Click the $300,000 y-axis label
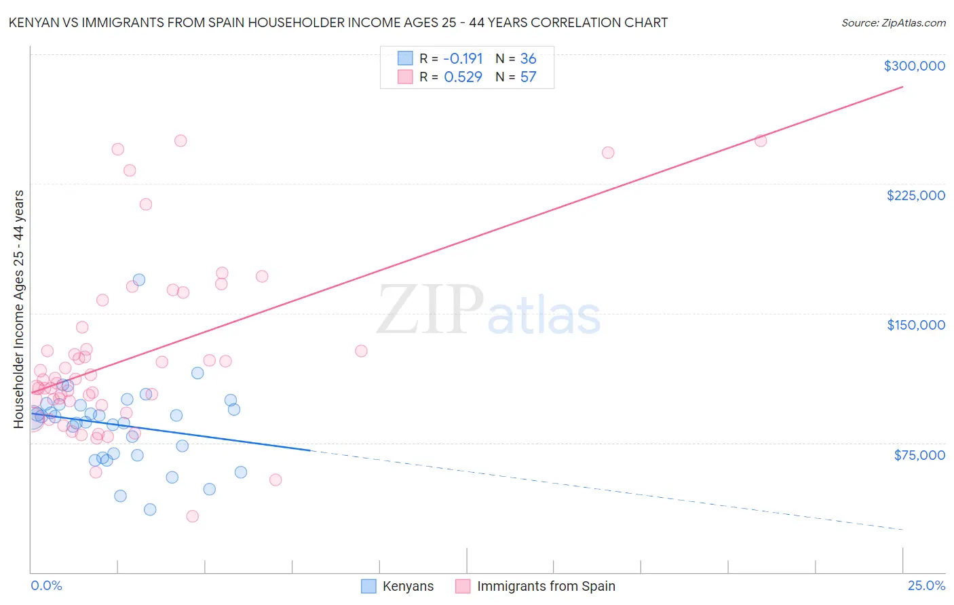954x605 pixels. coord(914,66)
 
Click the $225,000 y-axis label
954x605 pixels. coord(915,195)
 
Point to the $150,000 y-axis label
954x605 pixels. coord(915,325)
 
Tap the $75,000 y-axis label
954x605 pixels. coord(919,455)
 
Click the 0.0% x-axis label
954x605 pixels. coord(46,585)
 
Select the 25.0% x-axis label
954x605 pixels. coord(926,585)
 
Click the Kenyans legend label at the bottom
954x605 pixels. coord(408,586)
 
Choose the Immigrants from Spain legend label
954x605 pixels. coord(546,586)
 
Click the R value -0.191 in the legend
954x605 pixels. coord(463,59)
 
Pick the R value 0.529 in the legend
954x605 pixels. coord(463,77)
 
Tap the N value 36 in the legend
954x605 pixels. coord(528,59)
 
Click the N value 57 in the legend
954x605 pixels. coord(528,77)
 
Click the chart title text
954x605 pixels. coord(338,22)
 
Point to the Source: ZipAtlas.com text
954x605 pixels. coord(893,23)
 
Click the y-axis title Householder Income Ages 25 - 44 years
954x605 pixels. coord(19,309)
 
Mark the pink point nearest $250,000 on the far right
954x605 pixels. coord(761,140)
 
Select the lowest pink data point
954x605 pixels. coord(192,516)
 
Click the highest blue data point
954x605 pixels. coord(139,279)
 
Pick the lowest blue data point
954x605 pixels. coord(150,509)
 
